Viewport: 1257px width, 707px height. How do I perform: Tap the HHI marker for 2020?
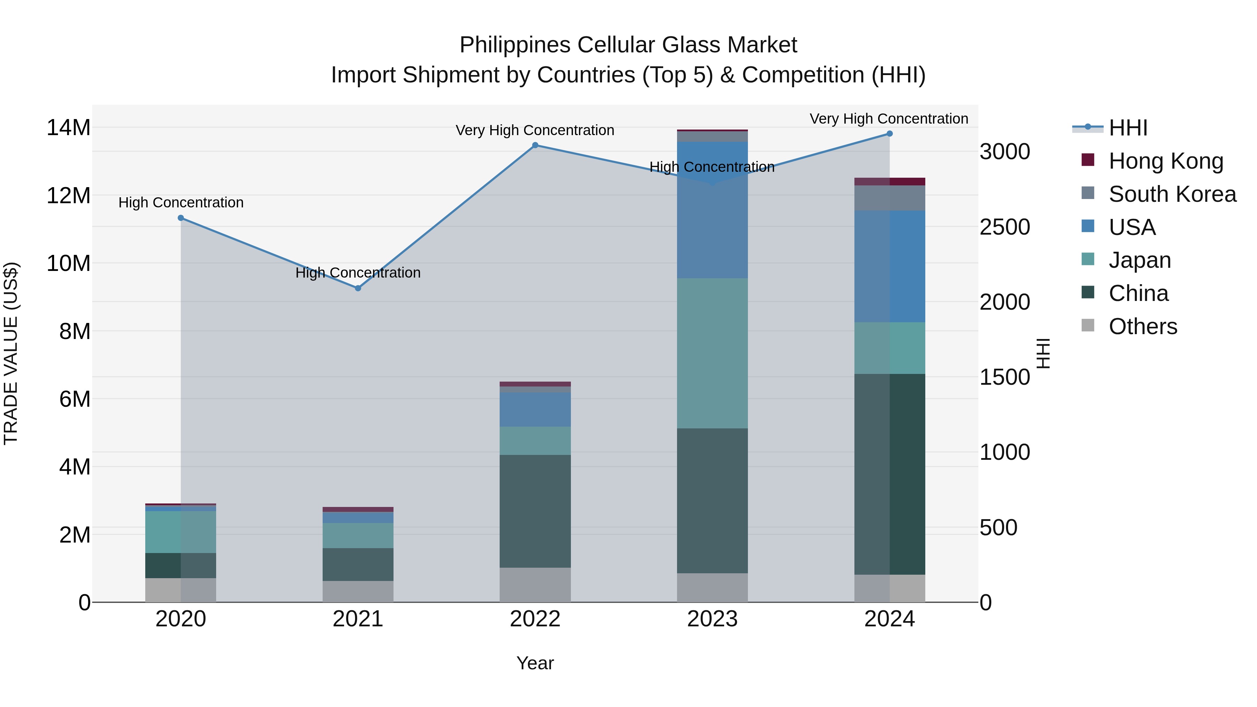click(181, 218)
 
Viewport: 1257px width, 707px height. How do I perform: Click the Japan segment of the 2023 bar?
click(712, 353)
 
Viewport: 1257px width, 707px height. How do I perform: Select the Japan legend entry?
click(1139, 260)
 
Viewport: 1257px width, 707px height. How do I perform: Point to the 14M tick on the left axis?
click(68, 128)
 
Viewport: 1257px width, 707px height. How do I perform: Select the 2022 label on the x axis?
click(535, 619)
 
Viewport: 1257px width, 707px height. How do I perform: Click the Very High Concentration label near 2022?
click(535, 130)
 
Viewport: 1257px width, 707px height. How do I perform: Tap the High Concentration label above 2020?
click(181, 202)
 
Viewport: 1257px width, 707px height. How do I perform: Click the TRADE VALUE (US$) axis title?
click(11, 353)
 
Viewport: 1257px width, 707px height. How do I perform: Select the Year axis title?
click(535, 663)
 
